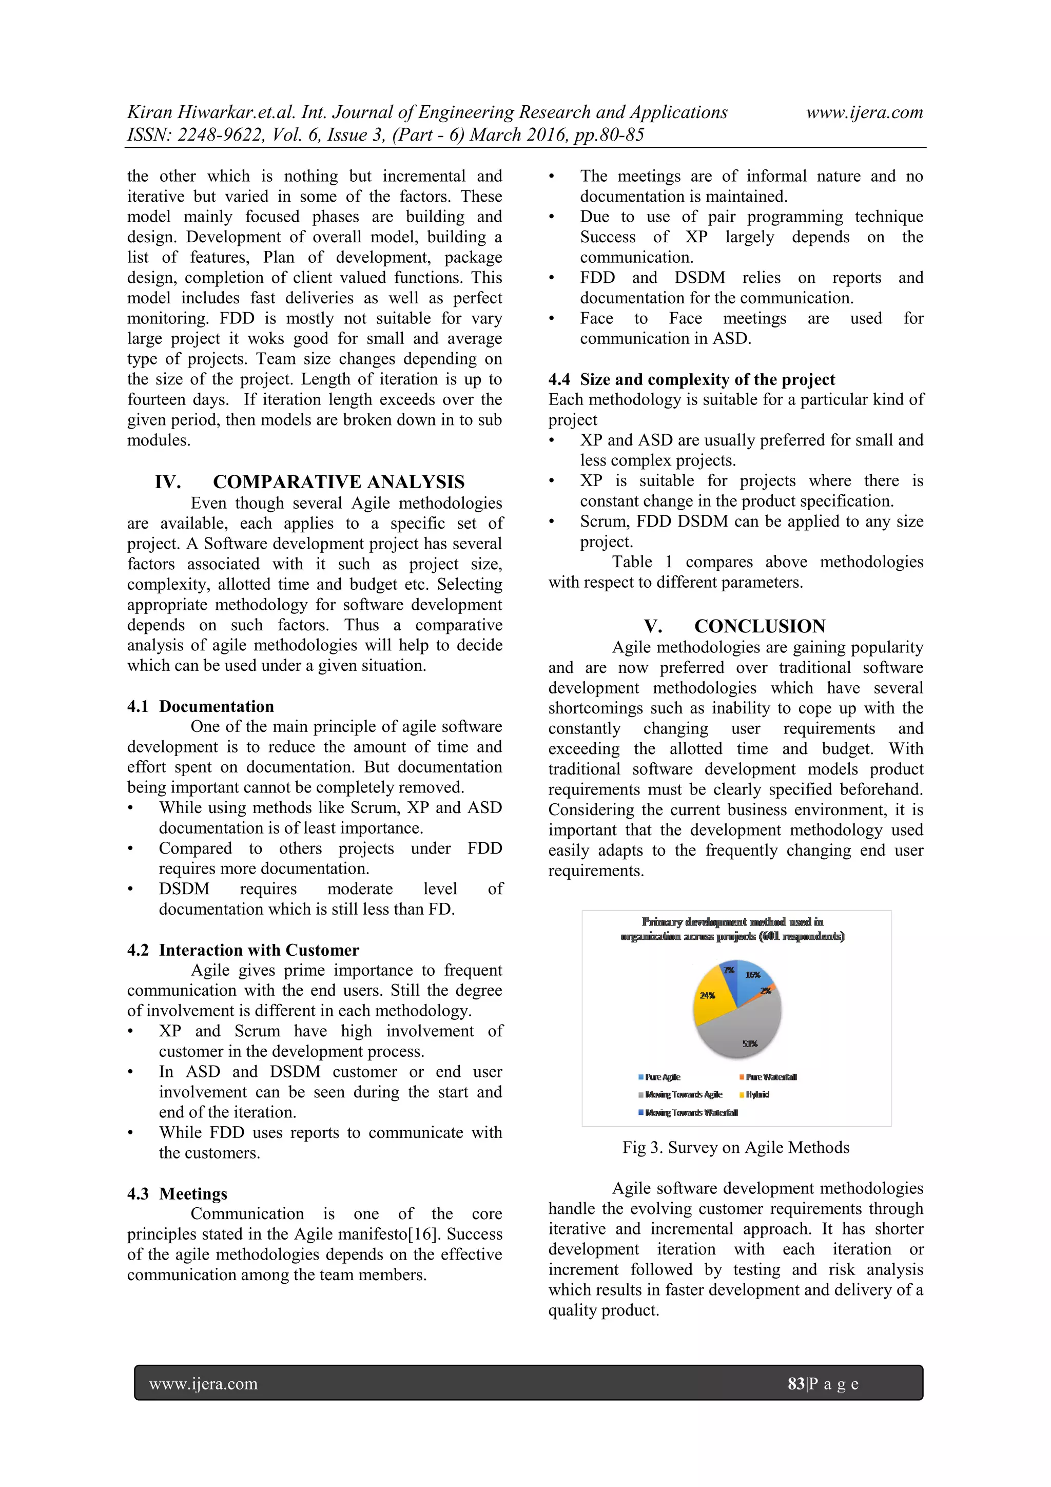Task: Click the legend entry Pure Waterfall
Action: pos(771,1077)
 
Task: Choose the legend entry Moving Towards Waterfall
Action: pos(690,1113)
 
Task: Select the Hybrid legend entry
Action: pos(757,1094)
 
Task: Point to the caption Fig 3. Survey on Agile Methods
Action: pos(735,1148)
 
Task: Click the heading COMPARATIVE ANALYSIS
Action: pos(338,482)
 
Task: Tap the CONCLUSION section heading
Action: pos(760,626)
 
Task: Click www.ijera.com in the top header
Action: pos(864,113)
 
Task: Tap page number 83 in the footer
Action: pos(796,1384)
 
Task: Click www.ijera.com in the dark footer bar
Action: pos(203,1384)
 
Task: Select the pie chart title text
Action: pos(732,929)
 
